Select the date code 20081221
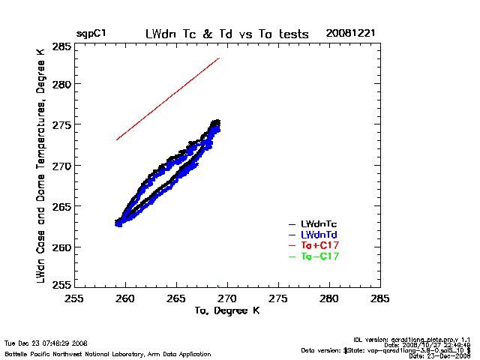(350, 34)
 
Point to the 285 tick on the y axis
(61, 47)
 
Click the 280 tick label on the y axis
(61, 84)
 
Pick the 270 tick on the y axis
(61, 166)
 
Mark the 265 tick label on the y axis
(61, 206)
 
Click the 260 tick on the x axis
(124, 298)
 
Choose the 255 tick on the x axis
(73, 298)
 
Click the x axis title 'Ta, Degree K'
(227, 310)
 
